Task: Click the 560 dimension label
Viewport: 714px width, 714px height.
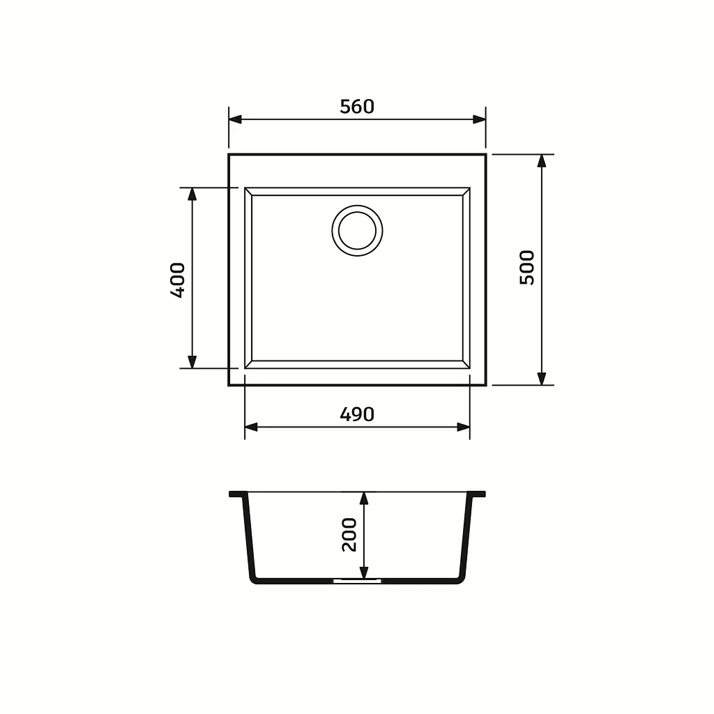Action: click(357, 107)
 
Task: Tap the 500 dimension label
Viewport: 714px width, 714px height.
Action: click(527, 268)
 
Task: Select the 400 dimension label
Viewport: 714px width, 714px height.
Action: click(178, 280)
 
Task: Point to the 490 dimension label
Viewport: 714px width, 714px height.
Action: click(357, 414)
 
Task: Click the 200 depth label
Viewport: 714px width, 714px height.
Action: click(349, 535)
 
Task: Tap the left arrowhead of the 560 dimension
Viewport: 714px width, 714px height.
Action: click(235, 119)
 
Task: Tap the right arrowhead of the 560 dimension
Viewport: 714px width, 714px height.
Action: click(479, 119)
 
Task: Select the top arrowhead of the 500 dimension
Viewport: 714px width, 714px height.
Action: click(541, 161)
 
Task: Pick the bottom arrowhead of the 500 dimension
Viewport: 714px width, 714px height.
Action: click(541, 379)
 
